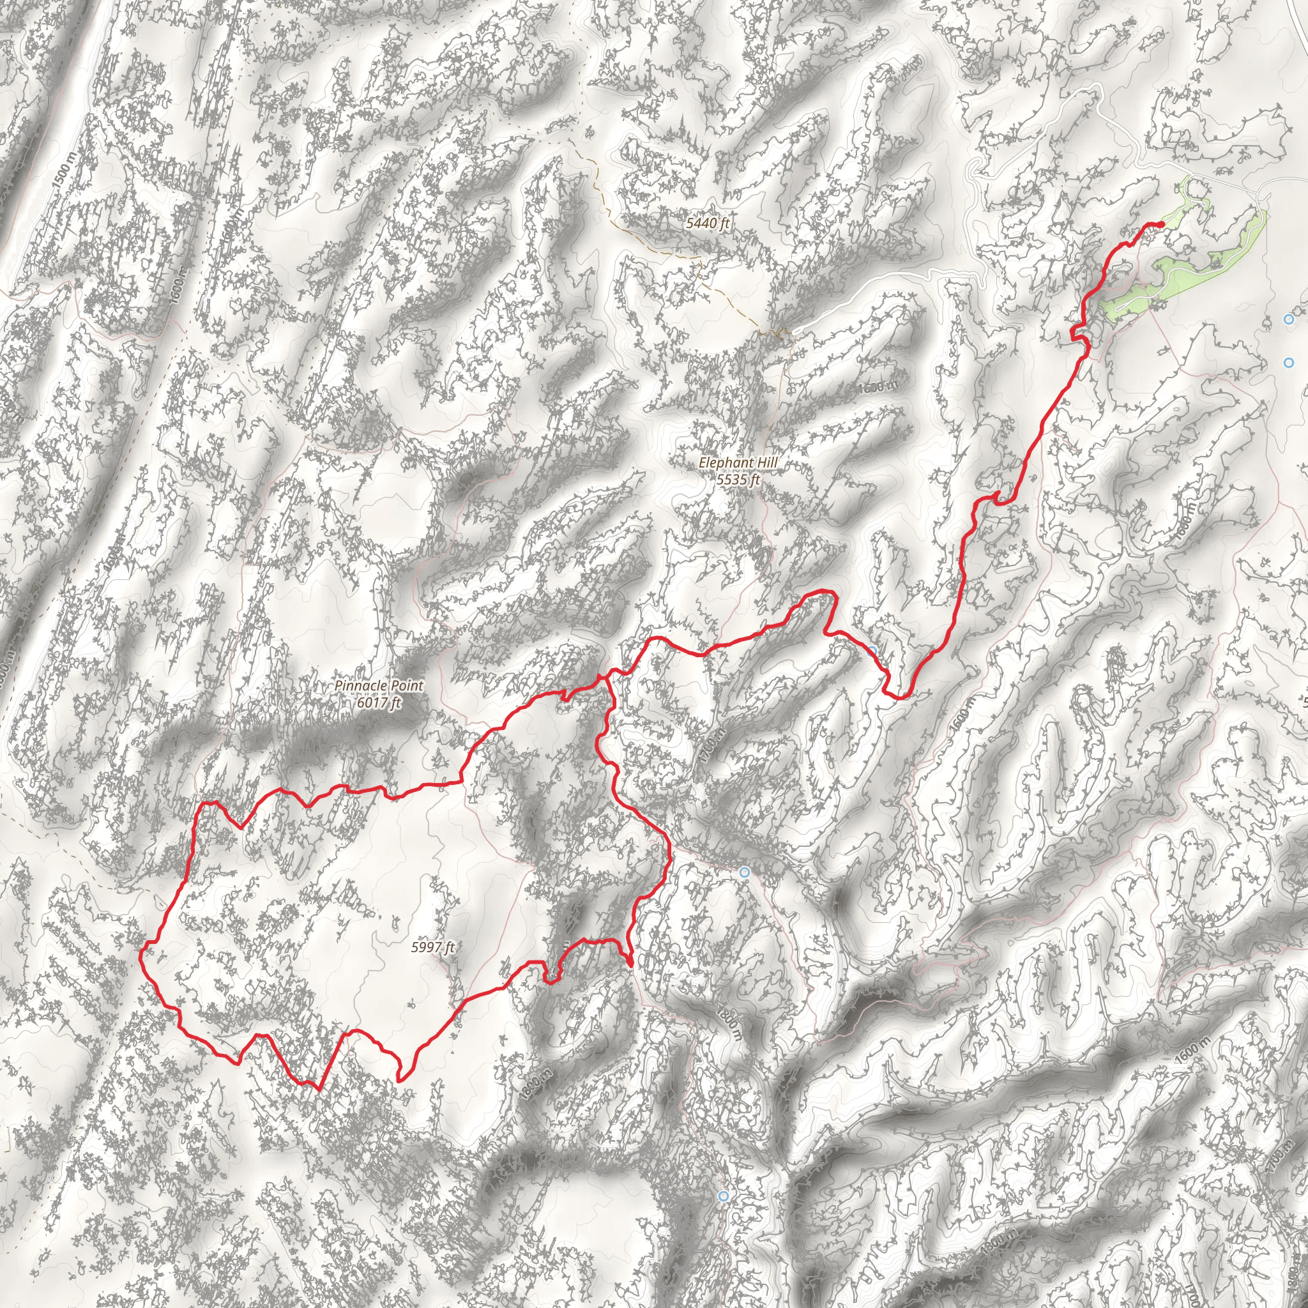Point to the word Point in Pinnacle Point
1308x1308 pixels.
coord(406,686)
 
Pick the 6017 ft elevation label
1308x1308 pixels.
coord(379,702)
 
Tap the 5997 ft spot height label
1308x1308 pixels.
coord(432,947)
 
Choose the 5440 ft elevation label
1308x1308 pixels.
coord(708,223)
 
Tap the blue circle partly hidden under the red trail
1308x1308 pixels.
coord(872,651)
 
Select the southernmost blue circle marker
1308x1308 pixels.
coord(724,1196)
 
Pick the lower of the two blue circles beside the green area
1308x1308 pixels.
coord(1288,363)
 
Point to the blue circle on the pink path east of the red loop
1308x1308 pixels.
coord(745,872)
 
